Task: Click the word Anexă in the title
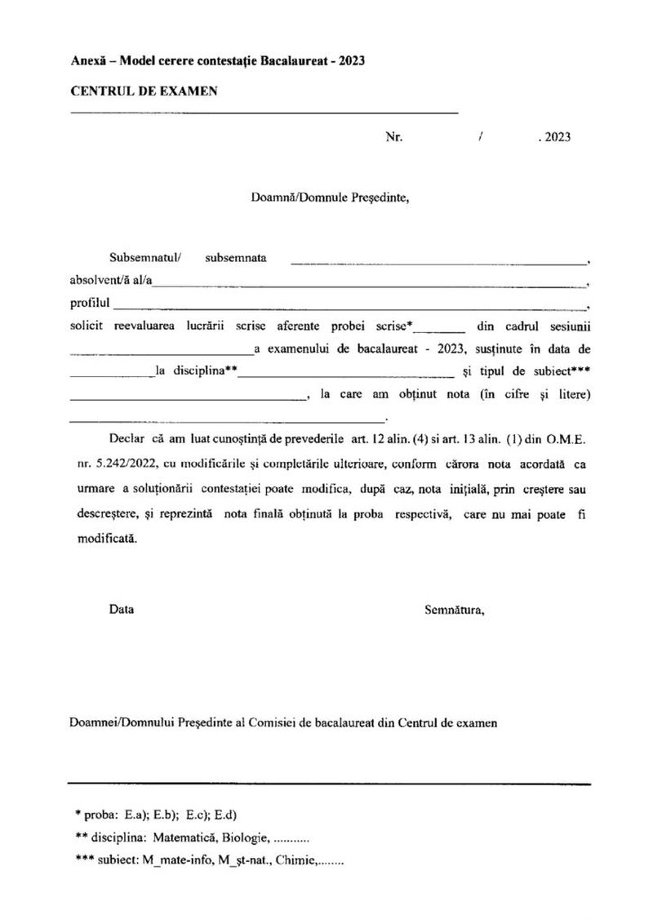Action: (x=87, y=62)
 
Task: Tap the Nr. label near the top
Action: (x=394, y=137)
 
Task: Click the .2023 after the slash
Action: (x=554, y=137)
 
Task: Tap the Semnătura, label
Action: (x=454, y=609)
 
